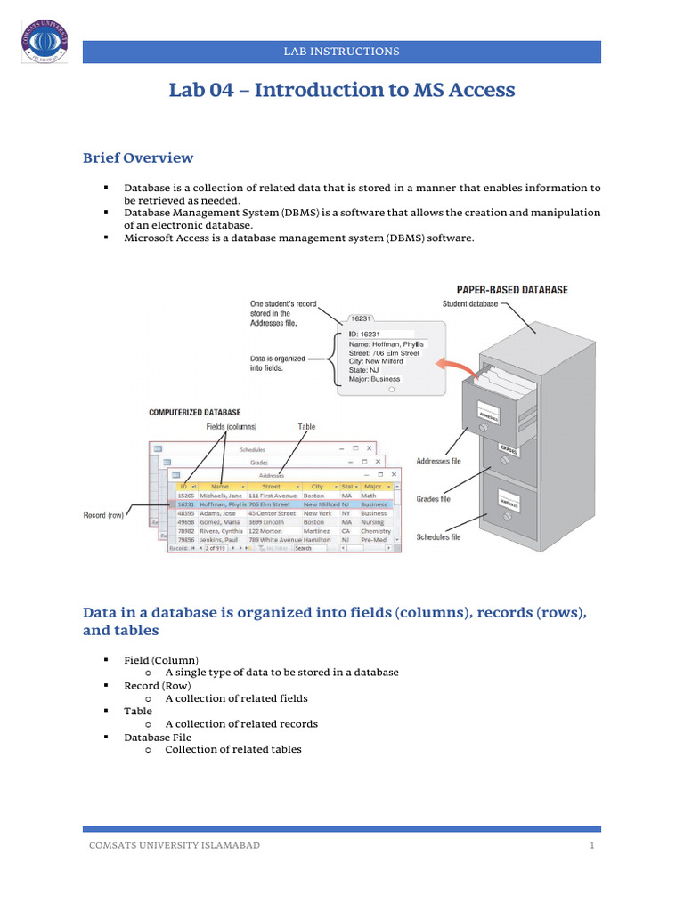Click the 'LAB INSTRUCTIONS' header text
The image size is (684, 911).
tap(341, 52)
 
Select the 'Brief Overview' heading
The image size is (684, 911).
tap(138, 158)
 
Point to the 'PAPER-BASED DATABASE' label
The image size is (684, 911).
tap(512, 290)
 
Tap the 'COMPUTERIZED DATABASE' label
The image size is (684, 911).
tap(193, 413)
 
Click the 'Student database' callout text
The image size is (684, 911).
tap(470, 304)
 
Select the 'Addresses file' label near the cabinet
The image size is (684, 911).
tap(439, 461)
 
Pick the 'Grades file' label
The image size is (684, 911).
tap(434, 499)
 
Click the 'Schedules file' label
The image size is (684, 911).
tap(439, 537)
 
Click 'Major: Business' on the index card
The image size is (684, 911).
tap(375, 379)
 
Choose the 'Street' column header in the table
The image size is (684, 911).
tap(271, 487)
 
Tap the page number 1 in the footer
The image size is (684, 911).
tap(591, 845)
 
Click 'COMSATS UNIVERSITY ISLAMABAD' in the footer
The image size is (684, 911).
tap(175, 845)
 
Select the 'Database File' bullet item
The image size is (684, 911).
tap(158, 737)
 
